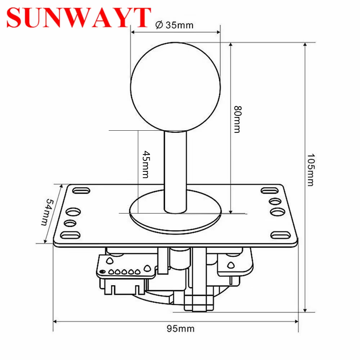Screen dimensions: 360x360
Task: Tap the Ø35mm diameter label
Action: (x=174, y=25)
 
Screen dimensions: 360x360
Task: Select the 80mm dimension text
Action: (x=237, y=119)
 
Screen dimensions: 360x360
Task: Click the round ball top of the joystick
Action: (x=175, y=86)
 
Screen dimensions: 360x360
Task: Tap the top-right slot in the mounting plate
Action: (x=268, y=190)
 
